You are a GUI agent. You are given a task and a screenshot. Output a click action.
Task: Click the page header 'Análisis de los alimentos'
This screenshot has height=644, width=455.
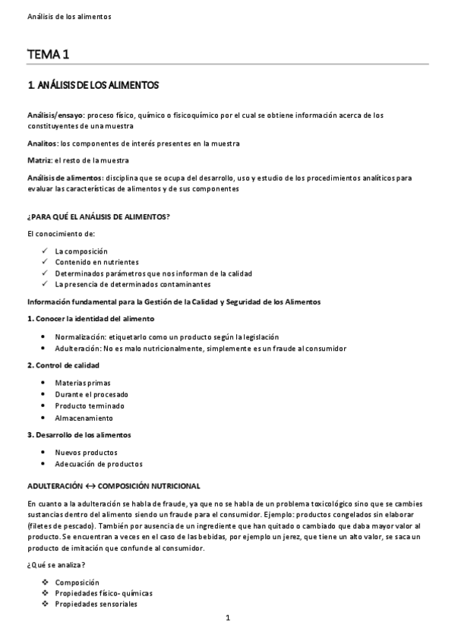68,16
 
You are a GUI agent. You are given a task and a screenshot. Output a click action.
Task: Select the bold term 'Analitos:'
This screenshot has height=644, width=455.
43,143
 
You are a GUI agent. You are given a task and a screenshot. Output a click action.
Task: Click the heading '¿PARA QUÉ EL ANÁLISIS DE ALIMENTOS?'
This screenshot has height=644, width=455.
98,216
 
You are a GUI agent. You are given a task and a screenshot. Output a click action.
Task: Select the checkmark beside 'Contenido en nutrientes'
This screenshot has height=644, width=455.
46,262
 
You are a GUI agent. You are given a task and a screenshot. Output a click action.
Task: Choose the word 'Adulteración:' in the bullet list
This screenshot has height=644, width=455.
78,348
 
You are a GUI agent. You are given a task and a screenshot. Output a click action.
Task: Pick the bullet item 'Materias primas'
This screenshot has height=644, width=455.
83,383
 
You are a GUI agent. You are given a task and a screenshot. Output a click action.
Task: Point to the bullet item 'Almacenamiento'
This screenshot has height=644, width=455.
84,418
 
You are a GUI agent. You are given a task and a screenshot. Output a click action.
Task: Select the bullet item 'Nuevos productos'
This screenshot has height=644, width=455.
86,453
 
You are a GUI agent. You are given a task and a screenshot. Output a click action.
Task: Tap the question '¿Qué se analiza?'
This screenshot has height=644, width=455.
55,565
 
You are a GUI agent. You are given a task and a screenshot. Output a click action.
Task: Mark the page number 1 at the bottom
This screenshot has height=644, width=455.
227,618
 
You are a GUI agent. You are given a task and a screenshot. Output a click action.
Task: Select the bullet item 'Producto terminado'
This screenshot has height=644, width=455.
89,406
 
